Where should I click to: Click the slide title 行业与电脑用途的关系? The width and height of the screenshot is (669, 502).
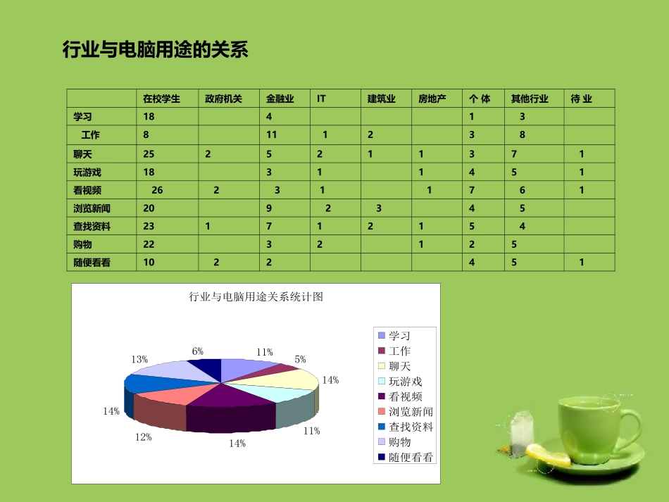pyautogui.click(x=155, y=50)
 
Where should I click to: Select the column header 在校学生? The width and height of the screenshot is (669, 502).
pyautogui.click(x=161, y=99)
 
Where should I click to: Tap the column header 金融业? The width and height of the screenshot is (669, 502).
pyautogui.click(x=280, y=99)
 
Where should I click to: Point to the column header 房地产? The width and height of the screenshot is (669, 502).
pyautogui.click(x=432, y=99)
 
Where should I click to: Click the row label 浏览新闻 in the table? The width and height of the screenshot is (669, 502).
pyautogui.click(x=92, y=208)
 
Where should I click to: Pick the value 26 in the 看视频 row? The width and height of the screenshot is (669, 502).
pyautogui.click(x=157, y=190)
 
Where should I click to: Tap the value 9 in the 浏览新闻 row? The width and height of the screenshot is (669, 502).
pyautogui.click(x=269, y=208)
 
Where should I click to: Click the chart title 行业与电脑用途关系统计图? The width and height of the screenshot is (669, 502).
pyautogui.click(x=256, y=297)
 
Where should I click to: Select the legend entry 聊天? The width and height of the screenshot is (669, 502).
pyautogui.click(x=399, y=366)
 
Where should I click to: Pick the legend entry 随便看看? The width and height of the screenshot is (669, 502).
pyautogui.click(x=410, y=458)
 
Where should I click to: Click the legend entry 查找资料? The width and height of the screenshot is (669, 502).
pyautogui.click(x=410, y=427)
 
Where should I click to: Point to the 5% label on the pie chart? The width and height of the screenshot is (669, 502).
pyautogui.click(x=300, y=360)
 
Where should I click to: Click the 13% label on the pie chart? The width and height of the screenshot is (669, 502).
pyautogui.click(x=139, y=360)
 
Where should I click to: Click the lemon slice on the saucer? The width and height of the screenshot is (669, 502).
pyautogui.click(x=549, y=454)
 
